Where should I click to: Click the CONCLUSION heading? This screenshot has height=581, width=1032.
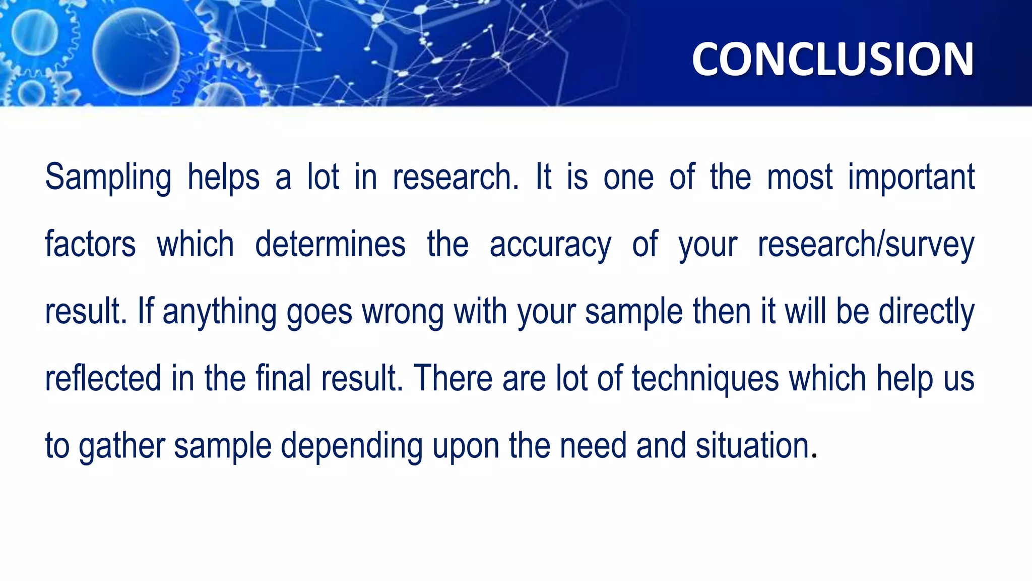[x=832, y=60]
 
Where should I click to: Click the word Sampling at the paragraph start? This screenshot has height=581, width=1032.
[x=108, y=178]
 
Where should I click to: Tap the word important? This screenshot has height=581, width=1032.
[x=911, y=178]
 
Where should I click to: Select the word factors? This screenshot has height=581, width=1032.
[x=90, y=245]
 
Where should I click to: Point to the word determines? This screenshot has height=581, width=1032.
[x=330, y=245]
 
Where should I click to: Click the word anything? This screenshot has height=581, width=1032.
[x=219, y=312]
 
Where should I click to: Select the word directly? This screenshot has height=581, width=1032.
[x=926, y=312]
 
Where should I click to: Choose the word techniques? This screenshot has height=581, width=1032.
[x=705, y=379]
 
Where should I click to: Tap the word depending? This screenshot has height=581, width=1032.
[x=351, y=446]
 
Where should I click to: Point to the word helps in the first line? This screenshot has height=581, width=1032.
[x=223, y=178]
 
